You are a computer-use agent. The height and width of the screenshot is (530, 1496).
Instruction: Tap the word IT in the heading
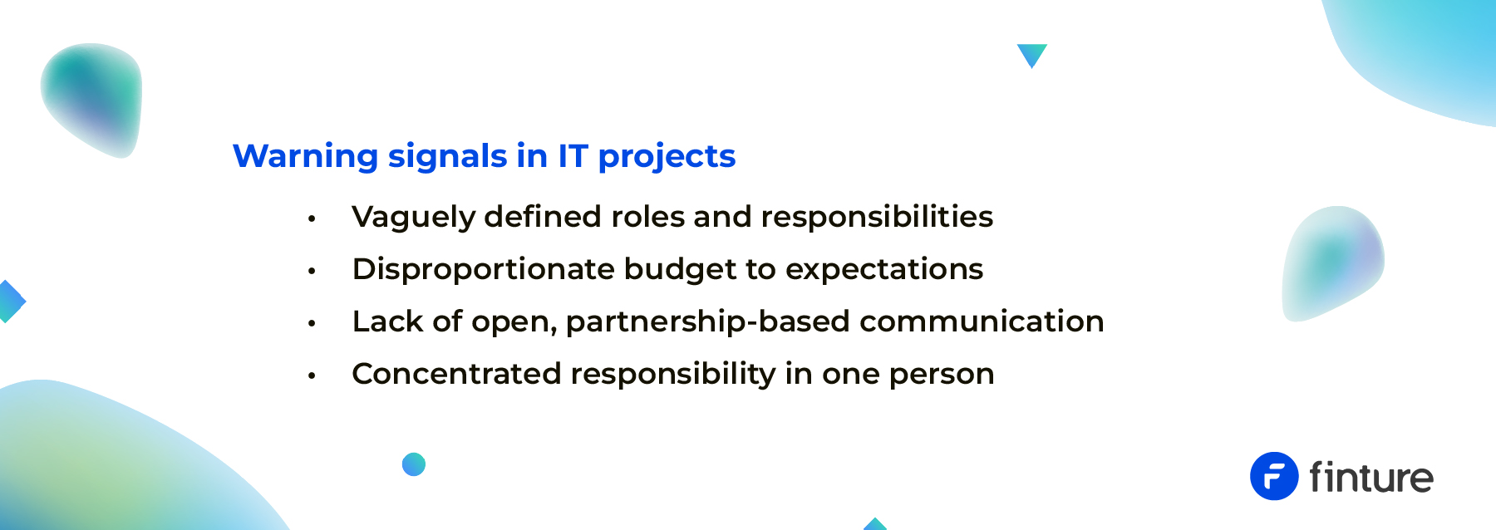point(573,155)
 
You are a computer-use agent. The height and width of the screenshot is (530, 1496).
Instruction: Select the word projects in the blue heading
point(667,157)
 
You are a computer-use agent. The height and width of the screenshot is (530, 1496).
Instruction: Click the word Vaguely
point(413,218)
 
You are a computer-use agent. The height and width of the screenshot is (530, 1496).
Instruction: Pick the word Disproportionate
point(484,270)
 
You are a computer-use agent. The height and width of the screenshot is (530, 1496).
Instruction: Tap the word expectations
point(884,270)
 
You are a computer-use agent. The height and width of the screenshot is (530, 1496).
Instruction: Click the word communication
point(982,321)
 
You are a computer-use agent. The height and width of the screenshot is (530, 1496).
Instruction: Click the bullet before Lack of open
point(312,323)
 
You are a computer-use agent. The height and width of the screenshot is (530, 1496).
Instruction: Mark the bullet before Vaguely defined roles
point(312,218)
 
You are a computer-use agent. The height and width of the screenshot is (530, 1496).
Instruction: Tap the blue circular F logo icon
point(1274,476)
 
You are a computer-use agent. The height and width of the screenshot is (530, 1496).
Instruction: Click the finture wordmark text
point(1371,477)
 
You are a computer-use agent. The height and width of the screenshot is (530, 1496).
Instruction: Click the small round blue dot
point(414,464)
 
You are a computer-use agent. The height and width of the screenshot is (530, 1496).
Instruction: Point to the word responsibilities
point(877,218)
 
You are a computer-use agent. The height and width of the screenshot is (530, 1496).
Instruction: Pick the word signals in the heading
point(447,157)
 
